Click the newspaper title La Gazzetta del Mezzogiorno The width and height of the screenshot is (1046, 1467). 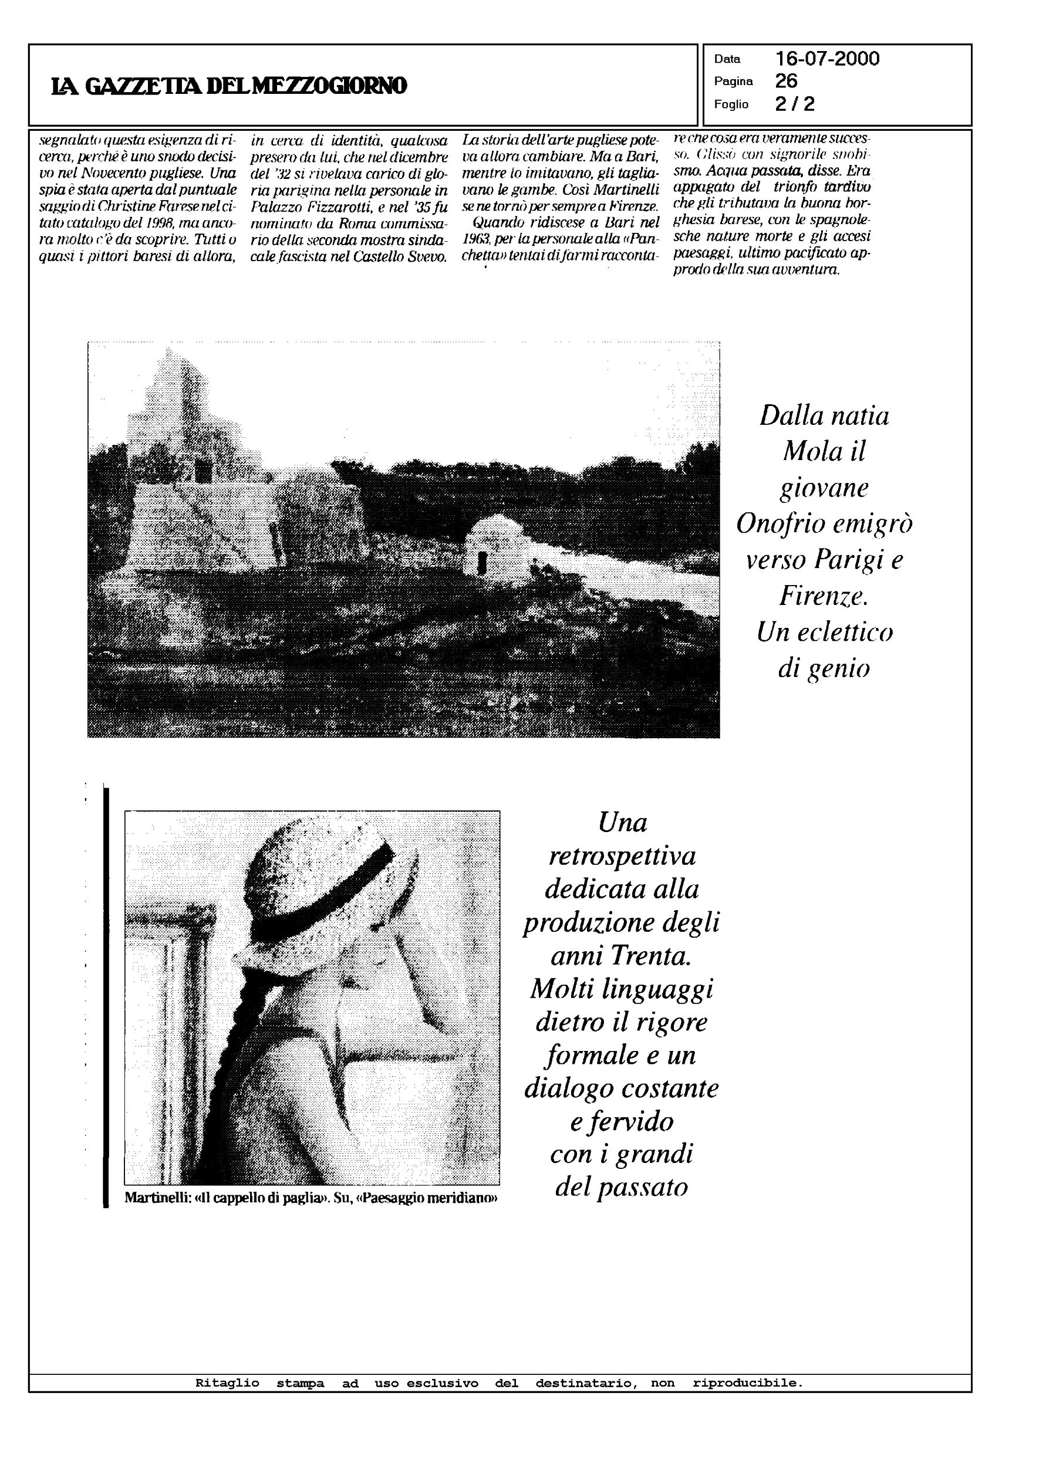click(229, 86)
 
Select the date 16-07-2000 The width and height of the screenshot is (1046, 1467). click(827, 59)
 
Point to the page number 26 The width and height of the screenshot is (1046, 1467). click(786, 81)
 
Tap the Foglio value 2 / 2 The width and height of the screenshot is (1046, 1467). click(795, 104)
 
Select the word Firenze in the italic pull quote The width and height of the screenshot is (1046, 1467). click(823, 596)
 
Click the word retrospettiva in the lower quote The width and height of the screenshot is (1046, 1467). click(622, 857)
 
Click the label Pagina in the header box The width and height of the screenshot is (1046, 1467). click(733, 82)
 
